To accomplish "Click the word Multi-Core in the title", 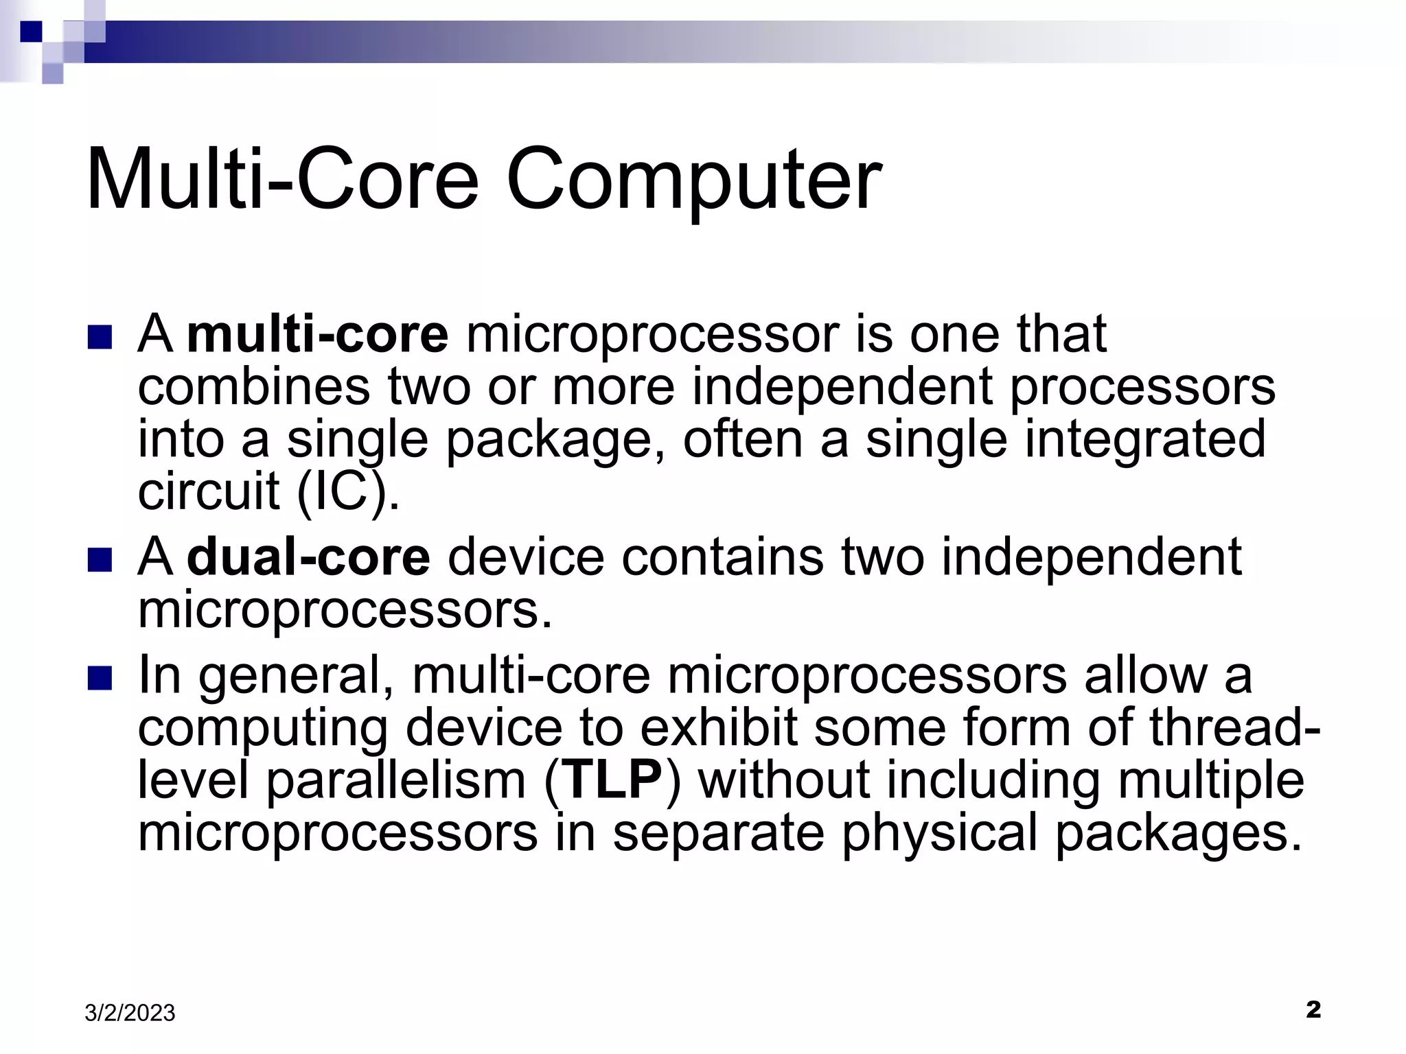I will (281, 180).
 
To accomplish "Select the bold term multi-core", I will (317, 335).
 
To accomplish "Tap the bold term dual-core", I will (308, 557).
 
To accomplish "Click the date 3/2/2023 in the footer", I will (130, 1013).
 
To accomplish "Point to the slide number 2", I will (1313, 1009).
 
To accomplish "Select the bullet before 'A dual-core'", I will (100, 560).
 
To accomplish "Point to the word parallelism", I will (395, 782).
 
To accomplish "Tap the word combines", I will (253, 386).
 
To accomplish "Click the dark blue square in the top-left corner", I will (31, 32).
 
